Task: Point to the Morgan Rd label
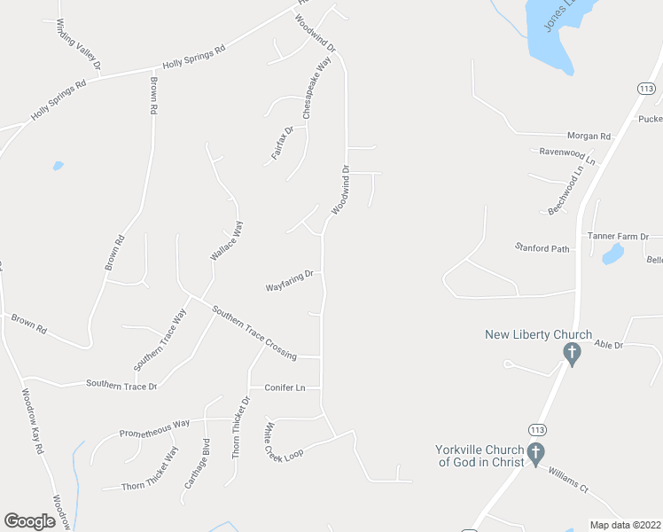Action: coord(589,137)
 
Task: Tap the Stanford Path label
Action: coord(542,249)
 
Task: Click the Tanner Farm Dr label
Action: coord(619,237)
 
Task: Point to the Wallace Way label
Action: coord(226,240)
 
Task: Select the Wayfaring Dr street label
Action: coord(290,282)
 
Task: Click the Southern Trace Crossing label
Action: coord(253,332)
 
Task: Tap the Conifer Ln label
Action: coord(285,387)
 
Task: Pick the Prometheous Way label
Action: coord(155,429)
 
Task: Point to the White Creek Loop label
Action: coord(283,441)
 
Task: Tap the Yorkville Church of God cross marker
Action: coord(535,455)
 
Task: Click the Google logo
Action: coord(29,521)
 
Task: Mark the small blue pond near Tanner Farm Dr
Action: coord(612,255)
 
